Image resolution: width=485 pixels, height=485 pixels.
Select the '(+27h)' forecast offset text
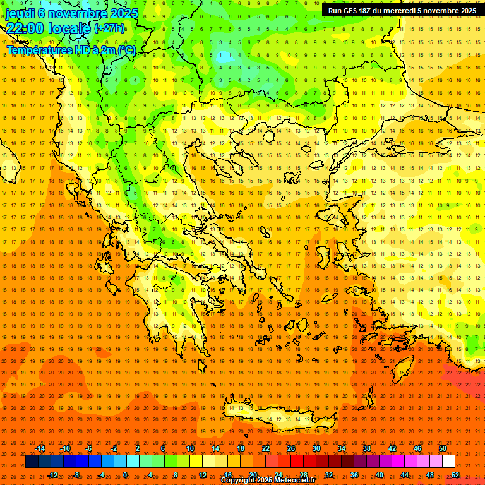tap(109, 28)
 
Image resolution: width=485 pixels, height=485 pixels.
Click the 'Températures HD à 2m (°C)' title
tap(71, 50)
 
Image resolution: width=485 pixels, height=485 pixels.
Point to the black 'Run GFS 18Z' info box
tap(402, 11)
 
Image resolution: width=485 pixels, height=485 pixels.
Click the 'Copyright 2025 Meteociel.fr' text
tap(268, 481)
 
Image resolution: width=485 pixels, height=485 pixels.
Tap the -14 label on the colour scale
tap(40, 448)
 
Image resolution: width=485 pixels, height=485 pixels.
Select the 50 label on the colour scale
tap(443, 448)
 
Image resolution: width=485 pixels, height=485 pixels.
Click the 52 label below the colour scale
tap(455, 474)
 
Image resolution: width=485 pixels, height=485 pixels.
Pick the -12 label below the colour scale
tap(52, 474)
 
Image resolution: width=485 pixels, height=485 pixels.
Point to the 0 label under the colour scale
tap(125, 474)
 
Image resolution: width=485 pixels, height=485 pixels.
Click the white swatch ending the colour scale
tap(449, 462)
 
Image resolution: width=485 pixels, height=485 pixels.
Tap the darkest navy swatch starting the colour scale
tap(32, 462)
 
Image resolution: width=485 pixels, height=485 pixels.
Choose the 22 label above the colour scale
tap(266, 448)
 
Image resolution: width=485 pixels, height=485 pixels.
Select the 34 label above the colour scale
tap(342, 448)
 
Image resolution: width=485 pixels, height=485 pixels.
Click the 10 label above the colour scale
tap(190, 448)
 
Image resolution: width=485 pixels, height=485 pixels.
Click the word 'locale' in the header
tap(69, 28)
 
